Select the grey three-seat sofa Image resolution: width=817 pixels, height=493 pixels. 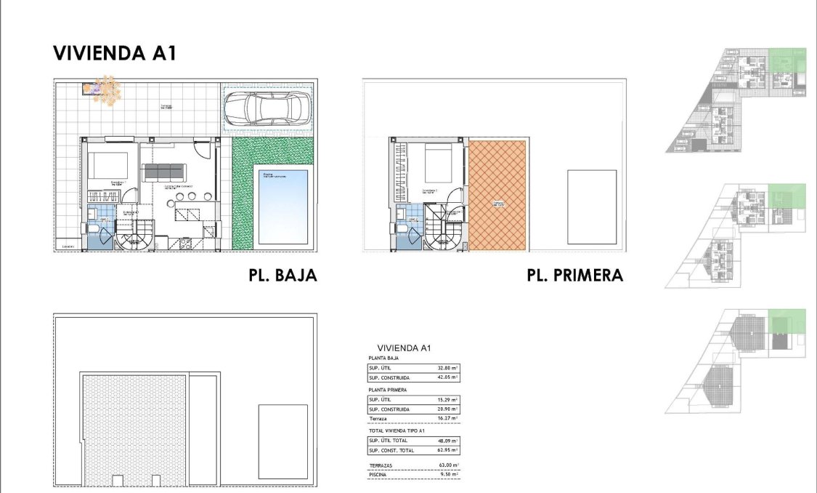pyautogui.click(x=164, y=172)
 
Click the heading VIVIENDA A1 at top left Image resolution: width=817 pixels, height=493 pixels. pyautogui.click(x=115, y=54)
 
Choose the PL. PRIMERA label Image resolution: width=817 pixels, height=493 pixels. pyautogui.click(x=575, y=276)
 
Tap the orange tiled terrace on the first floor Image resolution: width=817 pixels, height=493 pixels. pyautogui.click(x=497, y=196)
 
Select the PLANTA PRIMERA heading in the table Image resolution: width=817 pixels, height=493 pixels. pyautogui.click(x=388, y=390)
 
